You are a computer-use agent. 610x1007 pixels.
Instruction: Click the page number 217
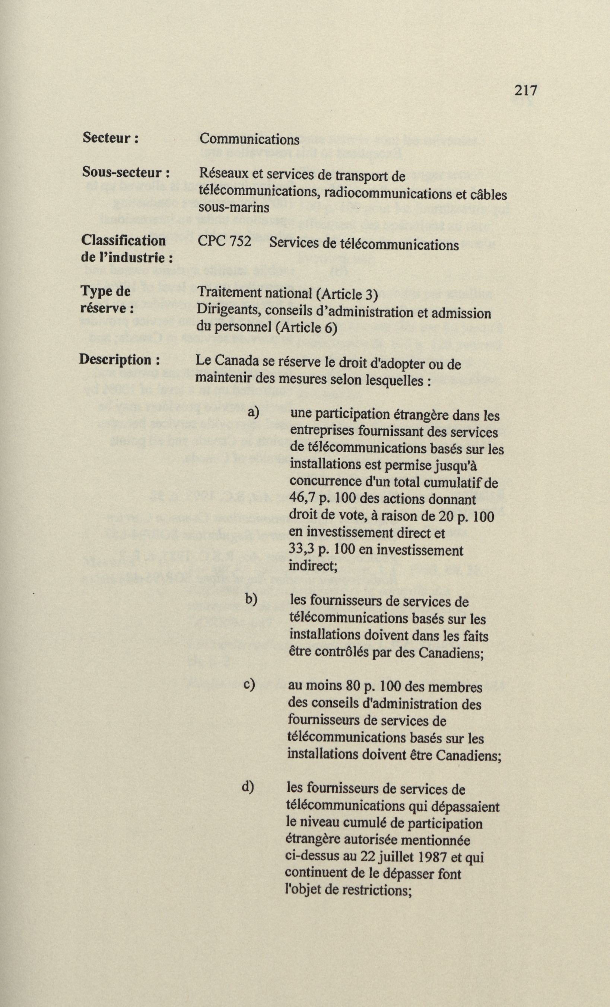tap(525, 89)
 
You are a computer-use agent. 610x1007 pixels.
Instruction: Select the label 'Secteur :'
tap(111, 138)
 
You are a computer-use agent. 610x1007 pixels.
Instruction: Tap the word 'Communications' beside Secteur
tap(249, 140)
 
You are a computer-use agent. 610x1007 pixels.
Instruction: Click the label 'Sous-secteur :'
tap(126, 172)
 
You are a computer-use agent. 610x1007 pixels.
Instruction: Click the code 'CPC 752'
tap(224, 242)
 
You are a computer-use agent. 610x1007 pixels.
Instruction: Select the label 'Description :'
tap(119, 360)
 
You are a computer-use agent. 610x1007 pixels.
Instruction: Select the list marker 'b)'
tap(251, 599)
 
